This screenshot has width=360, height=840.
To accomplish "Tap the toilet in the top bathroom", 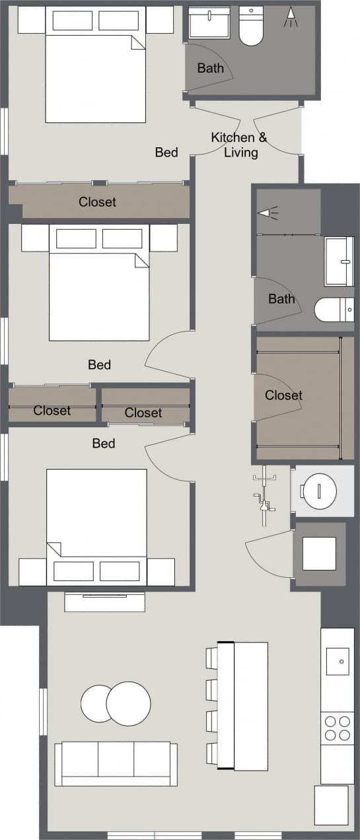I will pos(251,26).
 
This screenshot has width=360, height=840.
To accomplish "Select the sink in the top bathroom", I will pos(209,24).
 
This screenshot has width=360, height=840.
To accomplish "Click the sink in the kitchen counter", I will pos(338,660).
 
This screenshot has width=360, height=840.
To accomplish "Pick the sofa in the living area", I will pos(116,763).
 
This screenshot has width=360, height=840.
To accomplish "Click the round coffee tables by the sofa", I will pos(117,703).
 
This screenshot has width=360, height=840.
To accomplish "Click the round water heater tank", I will pos(319,491).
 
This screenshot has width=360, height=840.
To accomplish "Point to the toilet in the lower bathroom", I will pos(334,309).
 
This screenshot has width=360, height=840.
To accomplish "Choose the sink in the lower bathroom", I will pos(340,262).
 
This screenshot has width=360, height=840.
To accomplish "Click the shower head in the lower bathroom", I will pos(268,213).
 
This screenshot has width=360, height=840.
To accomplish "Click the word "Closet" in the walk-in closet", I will pos(283,396).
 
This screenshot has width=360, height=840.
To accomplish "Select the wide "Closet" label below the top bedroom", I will pos(97,202).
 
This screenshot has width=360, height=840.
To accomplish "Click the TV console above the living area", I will pos(104,602).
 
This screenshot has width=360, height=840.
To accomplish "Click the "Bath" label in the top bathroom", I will pos(210,67).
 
